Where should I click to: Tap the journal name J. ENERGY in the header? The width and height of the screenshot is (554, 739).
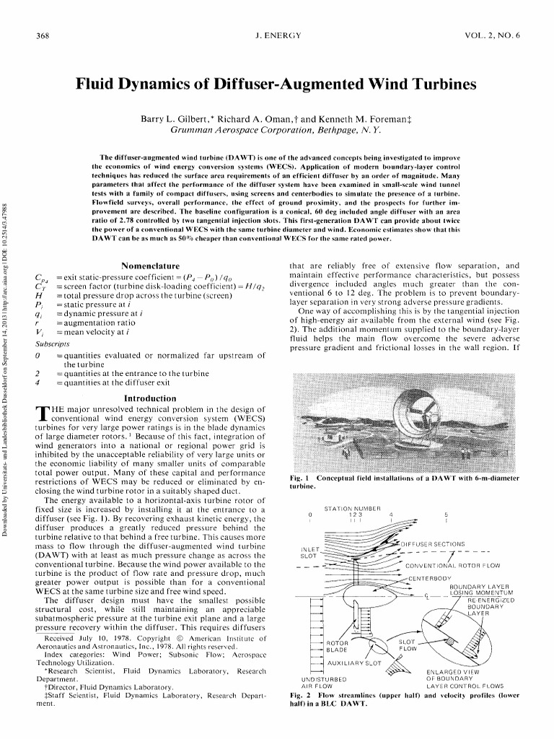(278, 35)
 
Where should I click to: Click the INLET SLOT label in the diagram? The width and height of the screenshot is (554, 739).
(308, 553)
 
